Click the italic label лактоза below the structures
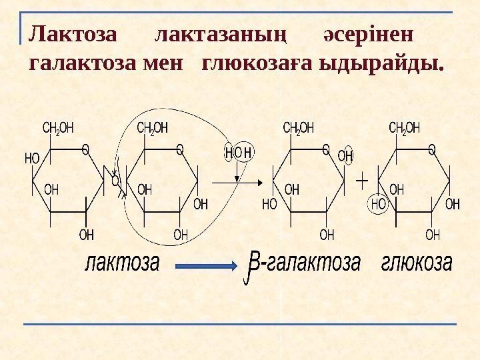click(122, 263)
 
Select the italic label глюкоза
click(417, 263)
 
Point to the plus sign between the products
click(362, 180)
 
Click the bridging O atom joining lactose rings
click(115, 181)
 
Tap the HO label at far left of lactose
click(32, 158)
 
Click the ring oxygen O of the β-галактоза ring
click(326, 149)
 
